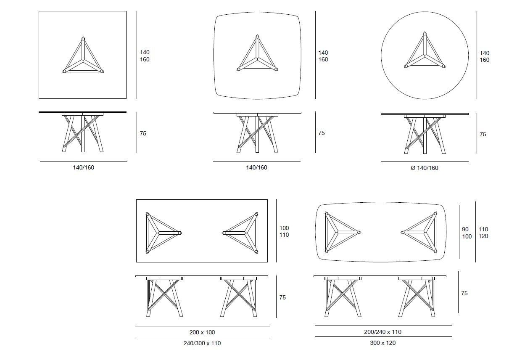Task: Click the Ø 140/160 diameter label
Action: coord(425,168)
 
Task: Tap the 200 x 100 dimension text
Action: coord(202,332)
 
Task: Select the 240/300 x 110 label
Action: coord(202,343)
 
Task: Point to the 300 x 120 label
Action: coord(382,343)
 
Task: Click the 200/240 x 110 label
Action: coord(382,332)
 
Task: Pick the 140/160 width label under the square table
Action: coord(83,167)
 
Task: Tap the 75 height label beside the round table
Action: coord(483,134)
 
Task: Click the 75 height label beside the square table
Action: coord(143,133)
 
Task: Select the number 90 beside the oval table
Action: coord(465,229)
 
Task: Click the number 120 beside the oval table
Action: coord(483,236)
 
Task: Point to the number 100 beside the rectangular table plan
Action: coord(284,228)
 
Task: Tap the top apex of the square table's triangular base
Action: coord(83,38)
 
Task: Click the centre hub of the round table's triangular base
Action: coord(425,55)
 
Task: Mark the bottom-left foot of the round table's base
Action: coord(406,66)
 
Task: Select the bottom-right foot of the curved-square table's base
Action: coord(276,69)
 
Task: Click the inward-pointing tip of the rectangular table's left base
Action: coord(180,233)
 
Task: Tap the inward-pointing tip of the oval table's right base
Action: coord(403,233)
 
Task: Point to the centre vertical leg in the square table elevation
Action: coord(83,133)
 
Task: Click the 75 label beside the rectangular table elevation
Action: coord(282,297)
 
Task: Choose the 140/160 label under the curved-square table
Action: coord(256,167)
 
